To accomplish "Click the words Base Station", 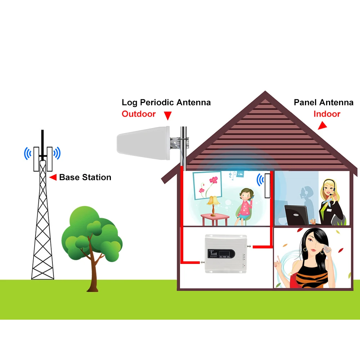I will (85, 177).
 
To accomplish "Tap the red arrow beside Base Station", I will (53, 177).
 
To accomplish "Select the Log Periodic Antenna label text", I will (166, 102).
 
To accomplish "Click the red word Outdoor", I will (139, 114).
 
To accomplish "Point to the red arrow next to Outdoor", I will (167, 116).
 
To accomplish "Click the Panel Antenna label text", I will (324, 102).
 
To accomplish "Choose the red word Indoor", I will (327, 114).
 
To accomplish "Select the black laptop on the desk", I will (297, 215).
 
